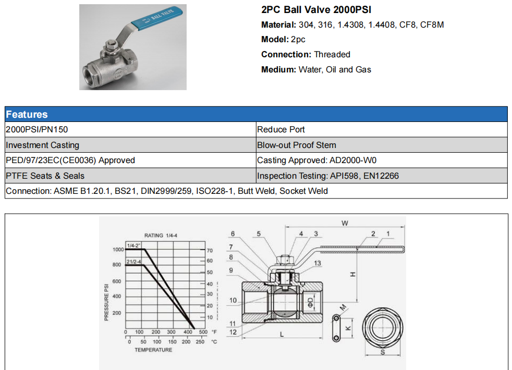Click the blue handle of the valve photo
point(157,18)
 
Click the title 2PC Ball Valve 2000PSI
point(316,10)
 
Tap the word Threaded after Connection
point(332,55)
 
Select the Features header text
point(27,115)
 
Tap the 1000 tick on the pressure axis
point(118,250)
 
